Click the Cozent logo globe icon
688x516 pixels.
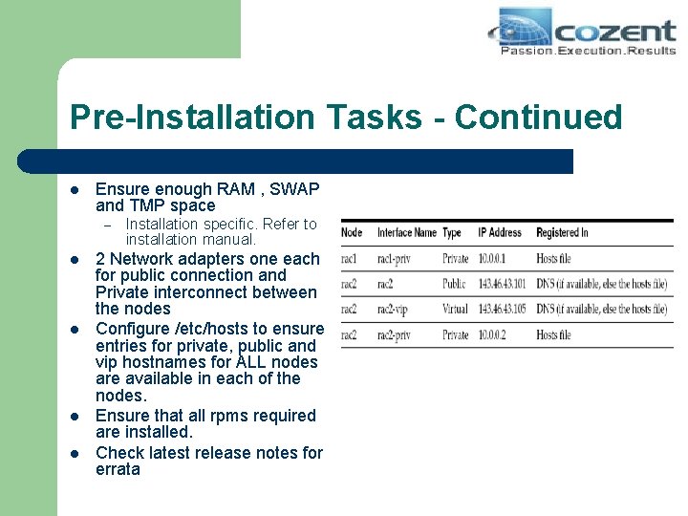click(525, 28)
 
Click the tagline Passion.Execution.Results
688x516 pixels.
click(588, 50)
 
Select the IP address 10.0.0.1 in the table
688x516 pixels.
click(494, 258)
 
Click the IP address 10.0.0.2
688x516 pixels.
click(494, 334)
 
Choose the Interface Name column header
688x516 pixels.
click(406, 232)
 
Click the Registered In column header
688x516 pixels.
click(562, 232)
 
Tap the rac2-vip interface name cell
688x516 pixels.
click(395, 310)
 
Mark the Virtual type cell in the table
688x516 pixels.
click(456, 310)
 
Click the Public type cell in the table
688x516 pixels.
click(455, 284)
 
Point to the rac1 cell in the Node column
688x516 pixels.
click(351, 258)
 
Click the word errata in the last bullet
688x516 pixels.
click(118, 469)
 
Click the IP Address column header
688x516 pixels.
click(500, 232)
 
